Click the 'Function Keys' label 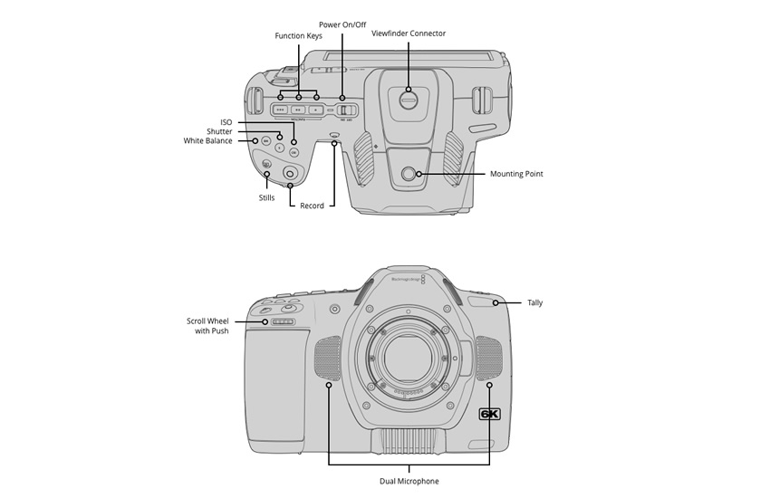pos(298,36)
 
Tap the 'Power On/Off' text pos(342,24)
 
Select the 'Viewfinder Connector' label pos(409,34)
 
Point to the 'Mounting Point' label pos(516,174)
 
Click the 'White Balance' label pos(207,141)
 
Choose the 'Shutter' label pos(218,131)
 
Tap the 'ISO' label pos(226,121)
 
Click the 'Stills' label pos(266,196)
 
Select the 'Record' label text pos(312,206)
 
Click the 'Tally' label pos(534,302)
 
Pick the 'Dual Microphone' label pos(409,481)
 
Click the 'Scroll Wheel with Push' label pos(207,326)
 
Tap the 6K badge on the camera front pos(489,415)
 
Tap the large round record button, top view pos(291,172)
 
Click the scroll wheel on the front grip pos(283,321)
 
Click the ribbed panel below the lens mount pos(409,441)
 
